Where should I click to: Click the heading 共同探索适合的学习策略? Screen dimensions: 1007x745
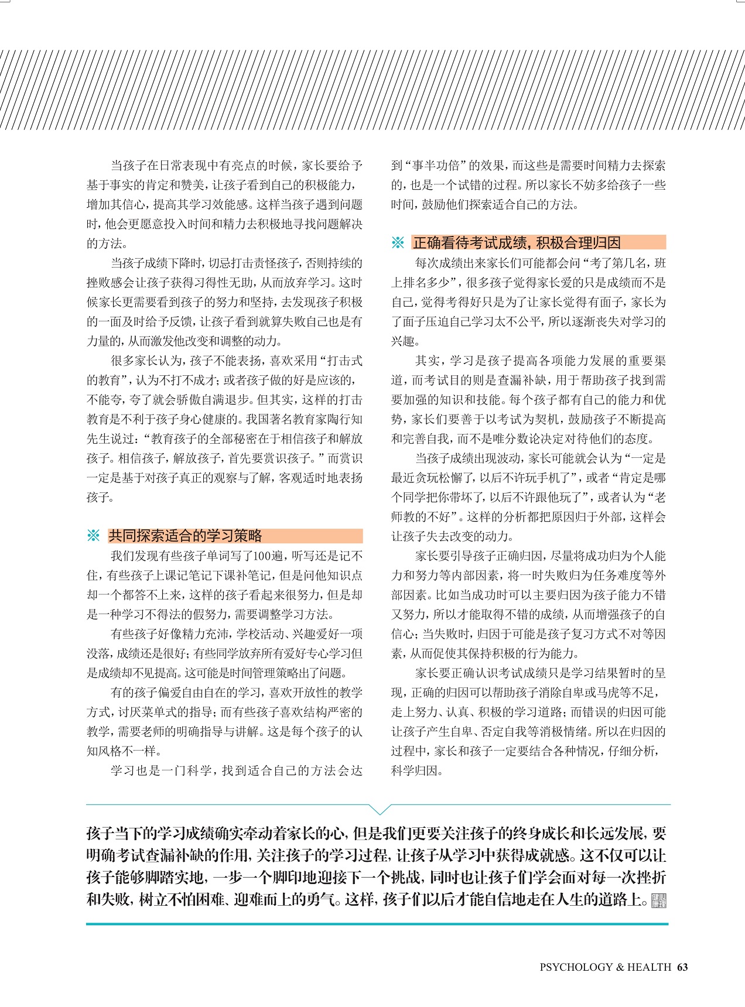185,536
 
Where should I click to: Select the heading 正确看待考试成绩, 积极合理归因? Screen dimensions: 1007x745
516,242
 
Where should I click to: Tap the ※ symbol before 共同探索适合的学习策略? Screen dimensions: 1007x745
94,536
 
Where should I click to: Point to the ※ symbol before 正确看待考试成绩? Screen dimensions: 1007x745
398,242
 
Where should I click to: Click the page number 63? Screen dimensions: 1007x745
682,967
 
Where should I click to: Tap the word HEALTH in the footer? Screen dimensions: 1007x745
649,967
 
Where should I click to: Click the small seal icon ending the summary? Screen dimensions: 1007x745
659,900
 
